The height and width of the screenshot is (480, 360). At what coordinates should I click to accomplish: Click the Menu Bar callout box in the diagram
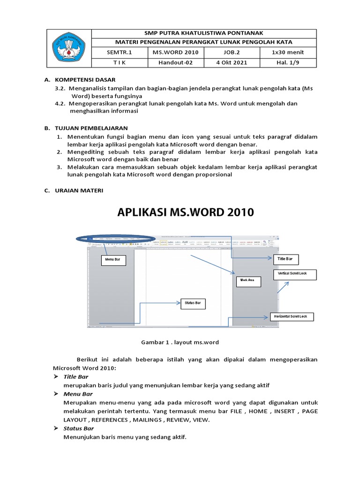click(113, 260)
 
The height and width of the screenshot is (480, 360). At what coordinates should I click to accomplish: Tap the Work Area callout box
click(248, 281)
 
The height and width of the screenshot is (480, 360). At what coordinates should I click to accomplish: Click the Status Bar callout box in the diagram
click(193, 304)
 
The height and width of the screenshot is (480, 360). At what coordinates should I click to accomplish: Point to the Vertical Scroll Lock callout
click(293, 275)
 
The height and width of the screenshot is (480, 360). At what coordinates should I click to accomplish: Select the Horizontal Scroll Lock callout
click(291, 317)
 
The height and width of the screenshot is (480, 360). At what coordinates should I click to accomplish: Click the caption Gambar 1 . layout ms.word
click(180, 342)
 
